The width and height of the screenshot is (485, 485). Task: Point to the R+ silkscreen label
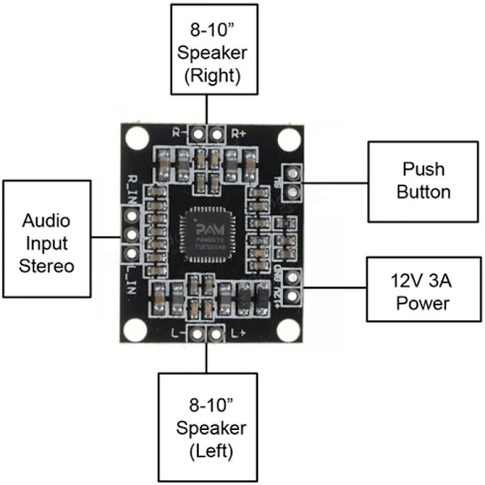click(238, 132)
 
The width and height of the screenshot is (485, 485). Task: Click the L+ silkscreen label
click(238, 332)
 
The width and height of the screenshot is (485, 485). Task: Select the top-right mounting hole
click(288, 139)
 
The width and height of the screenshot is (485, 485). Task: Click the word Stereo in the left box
click(45, 265)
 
